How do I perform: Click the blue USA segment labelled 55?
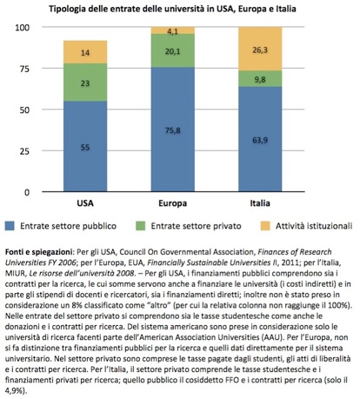(x=85, y=146)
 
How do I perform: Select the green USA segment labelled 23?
(x=85, y=83)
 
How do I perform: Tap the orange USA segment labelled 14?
(x=85, y=52)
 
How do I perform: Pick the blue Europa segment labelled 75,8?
(x=173, y=130)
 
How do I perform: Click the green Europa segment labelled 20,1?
(x=173, y=50)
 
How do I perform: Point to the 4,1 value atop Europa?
(x=173, y=31)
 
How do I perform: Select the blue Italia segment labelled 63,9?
(x=260, y=139)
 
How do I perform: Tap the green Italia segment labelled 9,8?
(x=260, y=78)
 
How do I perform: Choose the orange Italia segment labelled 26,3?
(x=260, y=49)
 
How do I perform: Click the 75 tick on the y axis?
(x=24, y=69)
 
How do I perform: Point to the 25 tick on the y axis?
(x=24, y=151)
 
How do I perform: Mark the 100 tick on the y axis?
(x=23, y=28)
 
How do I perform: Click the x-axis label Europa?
(x=173, y=203)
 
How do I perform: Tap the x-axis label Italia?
(x=260, y=203)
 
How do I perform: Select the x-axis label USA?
(x=85, y=203)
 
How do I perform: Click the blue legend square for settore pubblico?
(x=10, y=226)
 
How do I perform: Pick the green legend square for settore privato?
(x=140, y=226)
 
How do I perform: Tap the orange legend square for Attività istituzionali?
(x=265, y=226)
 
